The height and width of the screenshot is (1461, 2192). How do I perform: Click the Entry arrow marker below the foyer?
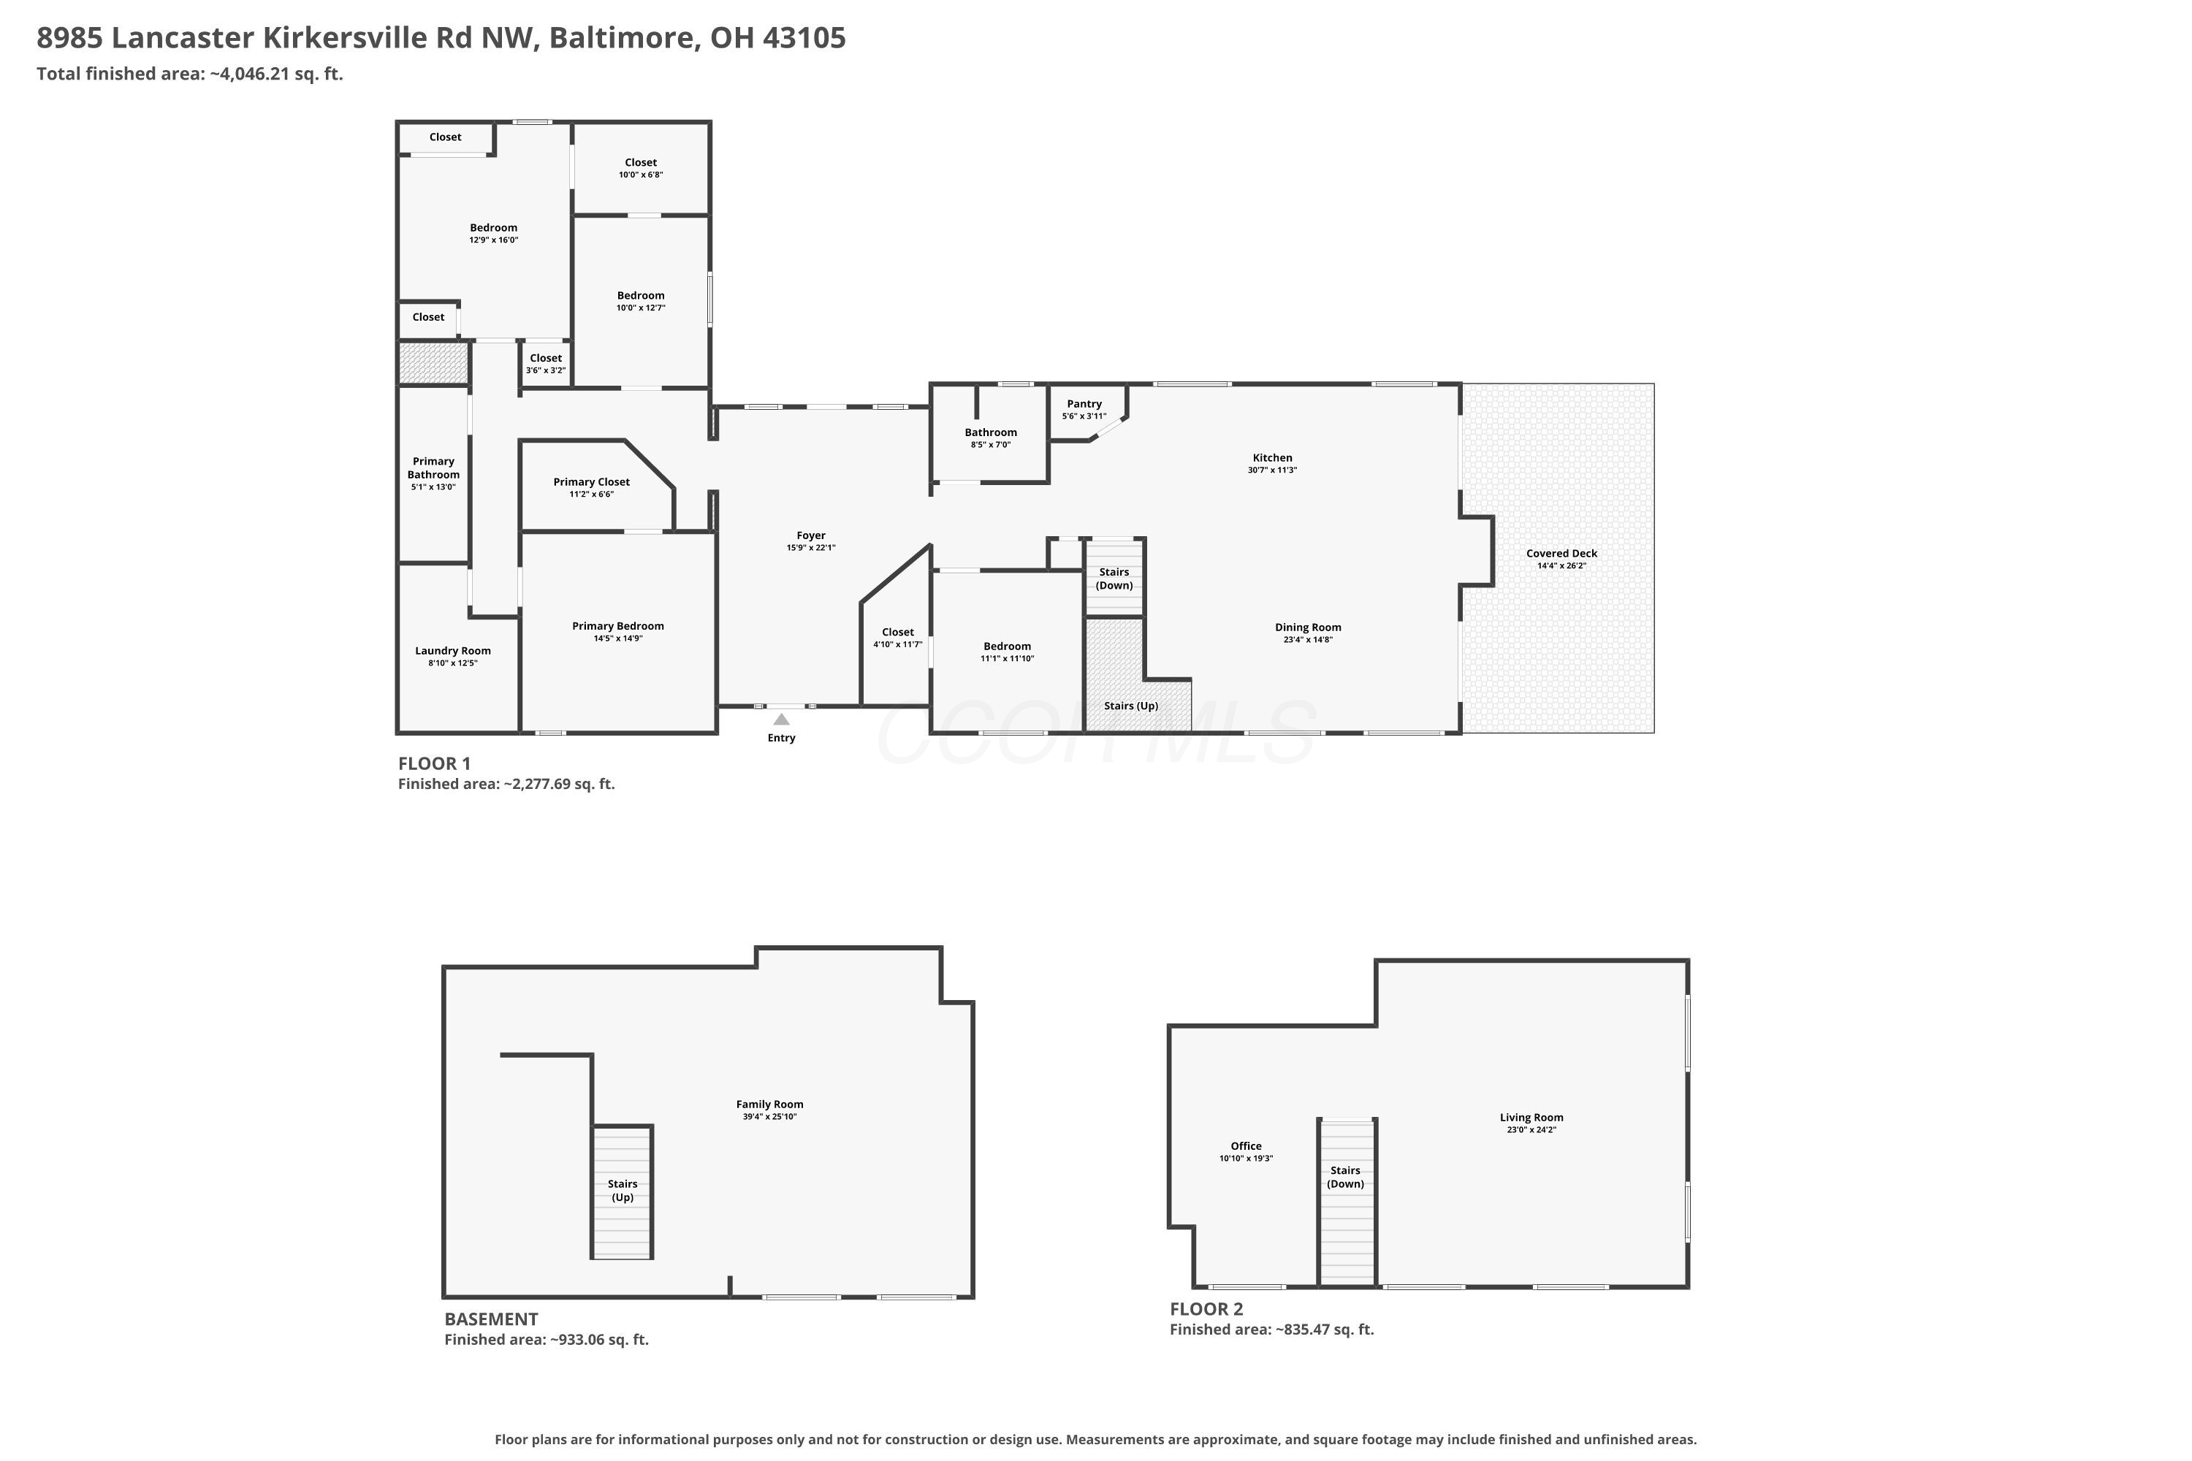coord(781,720)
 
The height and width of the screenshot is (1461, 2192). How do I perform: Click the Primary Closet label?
coord(591,481)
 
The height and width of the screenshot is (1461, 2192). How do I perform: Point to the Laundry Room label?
coord(453,650)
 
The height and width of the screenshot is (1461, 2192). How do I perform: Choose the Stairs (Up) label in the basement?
coord(623,1191)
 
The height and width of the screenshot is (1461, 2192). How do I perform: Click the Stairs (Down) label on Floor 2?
coord(1345,1178)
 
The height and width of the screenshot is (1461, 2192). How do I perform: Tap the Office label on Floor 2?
coord(1246,1146)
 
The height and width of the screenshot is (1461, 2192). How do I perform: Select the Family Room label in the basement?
coord(770,1104)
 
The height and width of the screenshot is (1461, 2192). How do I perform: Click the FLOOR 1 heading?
coord(434,763)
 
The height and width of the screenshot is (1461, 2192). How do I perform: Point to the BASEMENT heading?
coord(491,1319)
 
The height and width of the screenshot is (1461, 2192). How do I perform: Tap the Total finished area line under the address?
coord(190,74)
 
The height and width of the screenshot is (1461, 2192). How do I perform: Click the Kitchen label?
coord(1272,457)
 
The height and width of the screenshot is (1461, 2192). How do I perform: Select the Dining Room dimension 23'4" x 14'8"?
coord(1308,640)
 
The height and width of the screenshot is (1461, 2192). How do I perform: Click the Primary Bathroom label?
coord(433,468)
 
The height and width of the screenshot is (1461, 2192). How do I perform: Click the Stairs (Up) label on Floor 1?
coord(1130,706)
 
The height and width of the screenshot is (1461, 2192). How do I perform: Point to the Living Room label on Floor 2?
coord(1531,1117)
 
